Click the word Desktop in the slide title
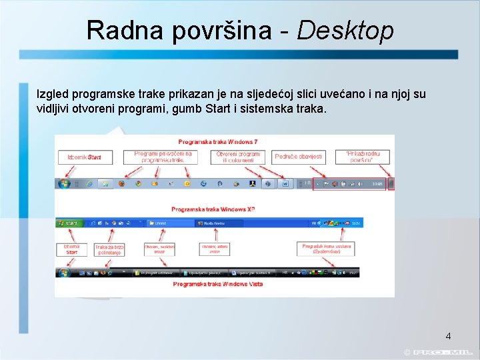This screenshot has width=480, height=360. click(345, 30)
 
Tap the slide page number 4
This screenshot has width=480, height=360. click(448, 335)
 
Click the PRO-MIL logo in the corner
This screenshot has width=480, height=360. click(441, 352)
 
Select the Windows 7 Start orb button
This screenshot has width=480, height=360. click(64, 183)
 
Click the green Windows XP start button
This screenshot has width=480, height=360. click(69, 223)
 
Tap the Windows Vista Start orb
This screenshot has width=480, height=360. click(64, 273)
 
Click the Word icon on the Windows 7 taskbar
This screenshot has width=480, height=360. click(285, 183)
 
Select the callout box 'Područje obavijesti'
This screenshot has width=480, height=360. click(298, 157)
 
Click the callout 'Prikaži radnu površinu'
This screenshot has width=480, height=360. click(367, 157)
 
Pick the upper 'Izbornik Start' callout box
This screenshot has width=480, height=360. click(84, 157)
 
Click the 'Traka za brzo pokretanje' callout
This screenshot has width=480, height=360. click(109, 249)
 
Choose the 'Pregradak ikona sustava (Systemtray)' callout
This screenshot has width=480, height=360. click(327, 249)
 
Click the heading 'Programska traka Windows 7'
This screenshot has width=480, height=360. click(217, 141)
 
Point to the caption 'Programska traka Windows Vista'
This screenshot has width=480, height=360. click(217, 284)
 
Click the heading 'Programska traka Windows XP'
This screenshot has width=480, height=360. click(213, 209)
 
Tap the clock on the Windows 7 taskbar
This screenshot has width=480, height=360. click(377, 183)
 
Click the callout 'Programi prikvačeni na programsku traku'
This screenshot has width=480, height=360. click(163, 157)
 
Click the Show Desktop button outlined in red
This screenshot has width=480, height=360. click(391, 183)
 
